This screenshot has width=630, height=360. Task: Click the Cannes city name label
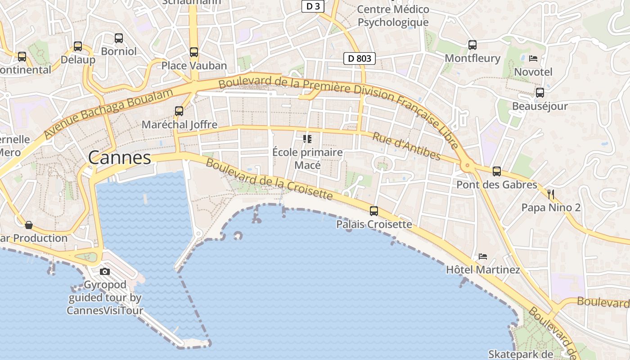120,157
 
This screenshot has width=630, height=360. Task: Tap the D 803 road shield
360,58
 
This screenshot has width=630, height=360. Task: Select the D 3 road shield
313,6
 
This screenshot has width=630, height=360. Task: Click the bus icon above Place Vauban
194,52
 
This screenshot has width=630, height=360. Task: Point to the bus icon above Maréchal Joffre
179,111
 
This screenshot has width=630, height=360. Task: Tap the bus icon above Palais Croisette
374,211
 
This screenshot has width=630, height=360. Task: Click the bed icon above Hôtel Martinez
483,256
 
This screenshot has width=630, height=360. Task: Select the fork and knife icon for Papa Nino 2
551,194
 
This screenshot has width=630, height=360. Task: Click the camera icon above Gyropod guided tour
105,271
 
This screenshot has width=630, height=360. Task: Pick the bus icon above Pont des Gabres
497,171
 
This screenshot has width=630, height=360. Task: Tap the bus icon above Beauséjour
540,93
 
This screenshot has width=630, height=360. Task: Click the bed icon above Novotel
533,58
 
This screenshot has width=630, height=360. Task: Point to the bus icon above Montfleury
472,45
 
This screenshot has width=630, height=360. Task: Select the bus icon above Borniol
119,38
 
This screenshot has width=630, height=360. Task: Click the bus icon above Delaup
78,46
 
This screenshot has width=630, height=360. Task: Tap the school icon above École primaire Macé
308,139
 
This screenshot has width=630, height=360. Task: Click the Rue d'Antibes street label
406,146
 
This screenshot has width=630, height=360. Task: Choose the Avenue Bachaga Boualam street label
108,114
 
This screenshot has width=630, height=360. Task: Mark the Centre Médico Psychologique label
393,16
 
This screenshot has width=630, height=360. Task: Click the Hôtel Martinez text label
483,270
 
